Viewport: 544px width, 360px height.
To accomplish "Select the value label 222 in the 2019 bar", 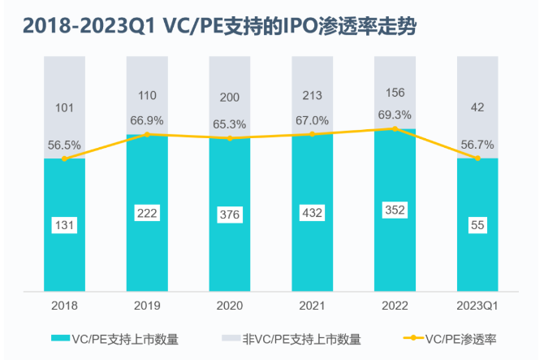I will click(147, 213).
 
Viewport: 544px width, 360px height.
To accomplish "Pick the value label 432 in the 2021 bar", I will click(312, 213).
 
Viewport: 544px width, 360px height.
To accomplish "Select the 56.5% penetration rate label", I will click(64, 145).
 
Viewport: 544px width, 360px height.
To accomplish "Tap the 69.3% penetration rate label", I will click(395, 115).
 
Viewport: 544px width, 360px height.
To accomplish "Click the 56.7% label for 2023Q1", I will click(477, 144).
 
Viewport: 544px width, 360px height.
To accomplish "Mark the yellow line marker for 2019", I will click(147, 134).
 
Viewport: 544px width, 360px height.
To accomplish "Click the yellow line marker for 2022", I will click(395, 128).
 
